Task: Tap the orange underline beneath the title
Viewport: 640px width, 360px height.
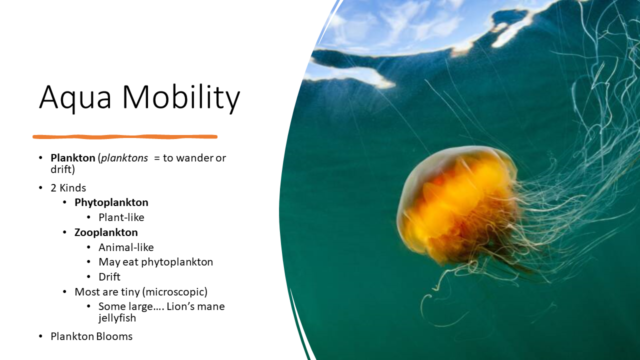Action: click(125, 136)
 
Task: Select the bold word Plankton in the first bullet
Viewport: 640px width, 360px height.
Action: click(72, 158)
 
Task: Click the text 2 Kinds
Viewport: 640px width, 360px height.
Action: click(68, 188)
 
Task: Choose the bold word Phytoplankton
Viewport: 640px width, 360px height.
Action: click(111, 202)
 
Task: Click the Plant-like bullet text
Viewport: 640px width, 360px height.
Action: click(121, 217)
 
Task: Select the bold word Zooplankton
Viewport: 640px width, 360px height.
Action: click(106, 232)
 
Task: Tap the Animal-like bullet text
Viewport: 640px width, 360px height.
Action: click(126, 247)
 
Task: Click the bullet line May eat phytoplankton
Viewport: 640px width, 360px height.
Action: click(155, 262)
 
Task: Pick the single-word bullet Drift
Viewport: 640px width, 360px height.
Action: click(109, 277)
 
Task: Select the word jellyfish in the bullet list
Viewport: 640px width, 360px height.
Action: click(117, 318)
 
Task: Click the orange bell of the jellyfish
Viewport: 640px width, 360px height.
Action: click(455, 200)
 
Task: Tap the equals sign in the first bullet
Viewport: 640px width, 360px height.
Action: click(156, 158)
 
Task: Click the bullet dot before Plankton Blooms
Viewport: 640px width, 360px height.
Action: click(41, 336)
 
